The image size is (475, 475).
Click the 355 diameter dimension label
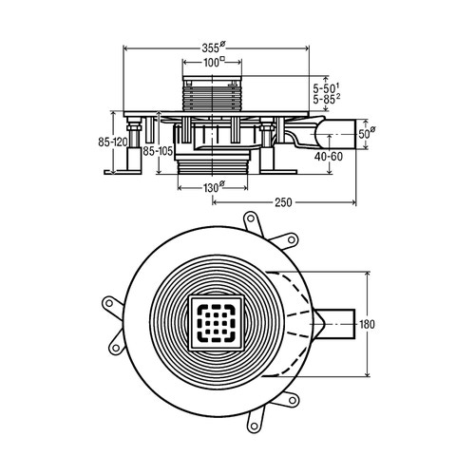[x=214, y=47]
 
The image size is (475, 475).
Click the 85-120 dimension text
[x=113, y=142]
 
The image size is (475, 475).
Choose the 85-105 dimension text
[x=158, y=151]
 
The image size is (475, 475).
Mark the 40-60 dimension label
[x=329, y=156]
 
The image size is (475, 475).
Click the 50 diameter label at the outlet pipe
[x=367, y=133]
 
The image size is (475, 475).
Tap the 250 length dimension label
[x=283, y=202]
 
